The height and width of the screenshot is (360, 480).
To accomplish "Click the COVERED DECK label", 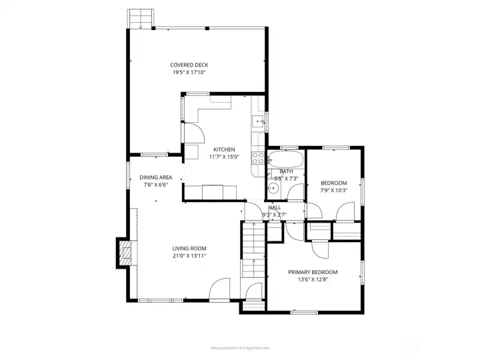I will click(x=189, y=65).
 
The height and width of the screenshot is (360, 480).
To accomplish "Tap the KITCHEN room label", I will click(x=223, y=149).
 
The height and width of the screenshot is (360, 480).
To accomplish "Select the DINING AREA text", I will click(x=156, y=177).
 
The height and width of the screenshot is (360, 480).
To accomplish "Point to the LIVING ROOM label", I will click(x=189, y=248).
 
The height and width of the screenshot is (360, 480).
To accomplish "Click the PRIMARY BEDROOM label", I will click(x=313, y=272).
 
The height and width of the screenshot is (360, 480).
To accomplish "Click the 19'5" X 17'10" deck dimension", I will click(x=189, y=73).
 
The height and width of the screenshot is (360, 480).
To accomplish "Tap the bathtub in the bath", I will click(x=286, y=161).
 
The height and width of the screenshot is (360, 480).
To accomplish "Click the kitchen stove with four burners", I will click(x=257, y=158).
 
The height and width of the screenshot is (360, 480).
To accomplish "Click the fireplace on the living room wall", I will click(x=125, y=252).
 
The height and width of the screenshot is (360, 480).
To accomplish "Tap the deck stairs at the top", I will click(x=142, y=18).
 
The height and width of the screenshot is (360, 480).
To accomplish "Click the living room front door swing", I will click(x=220, y=290).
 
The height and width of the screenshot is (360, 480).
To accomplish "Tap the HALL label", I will click(x=274, y=208).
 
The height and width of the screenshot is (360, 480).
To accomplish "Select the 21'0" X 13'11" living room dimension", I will click(x=189, y=256).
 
